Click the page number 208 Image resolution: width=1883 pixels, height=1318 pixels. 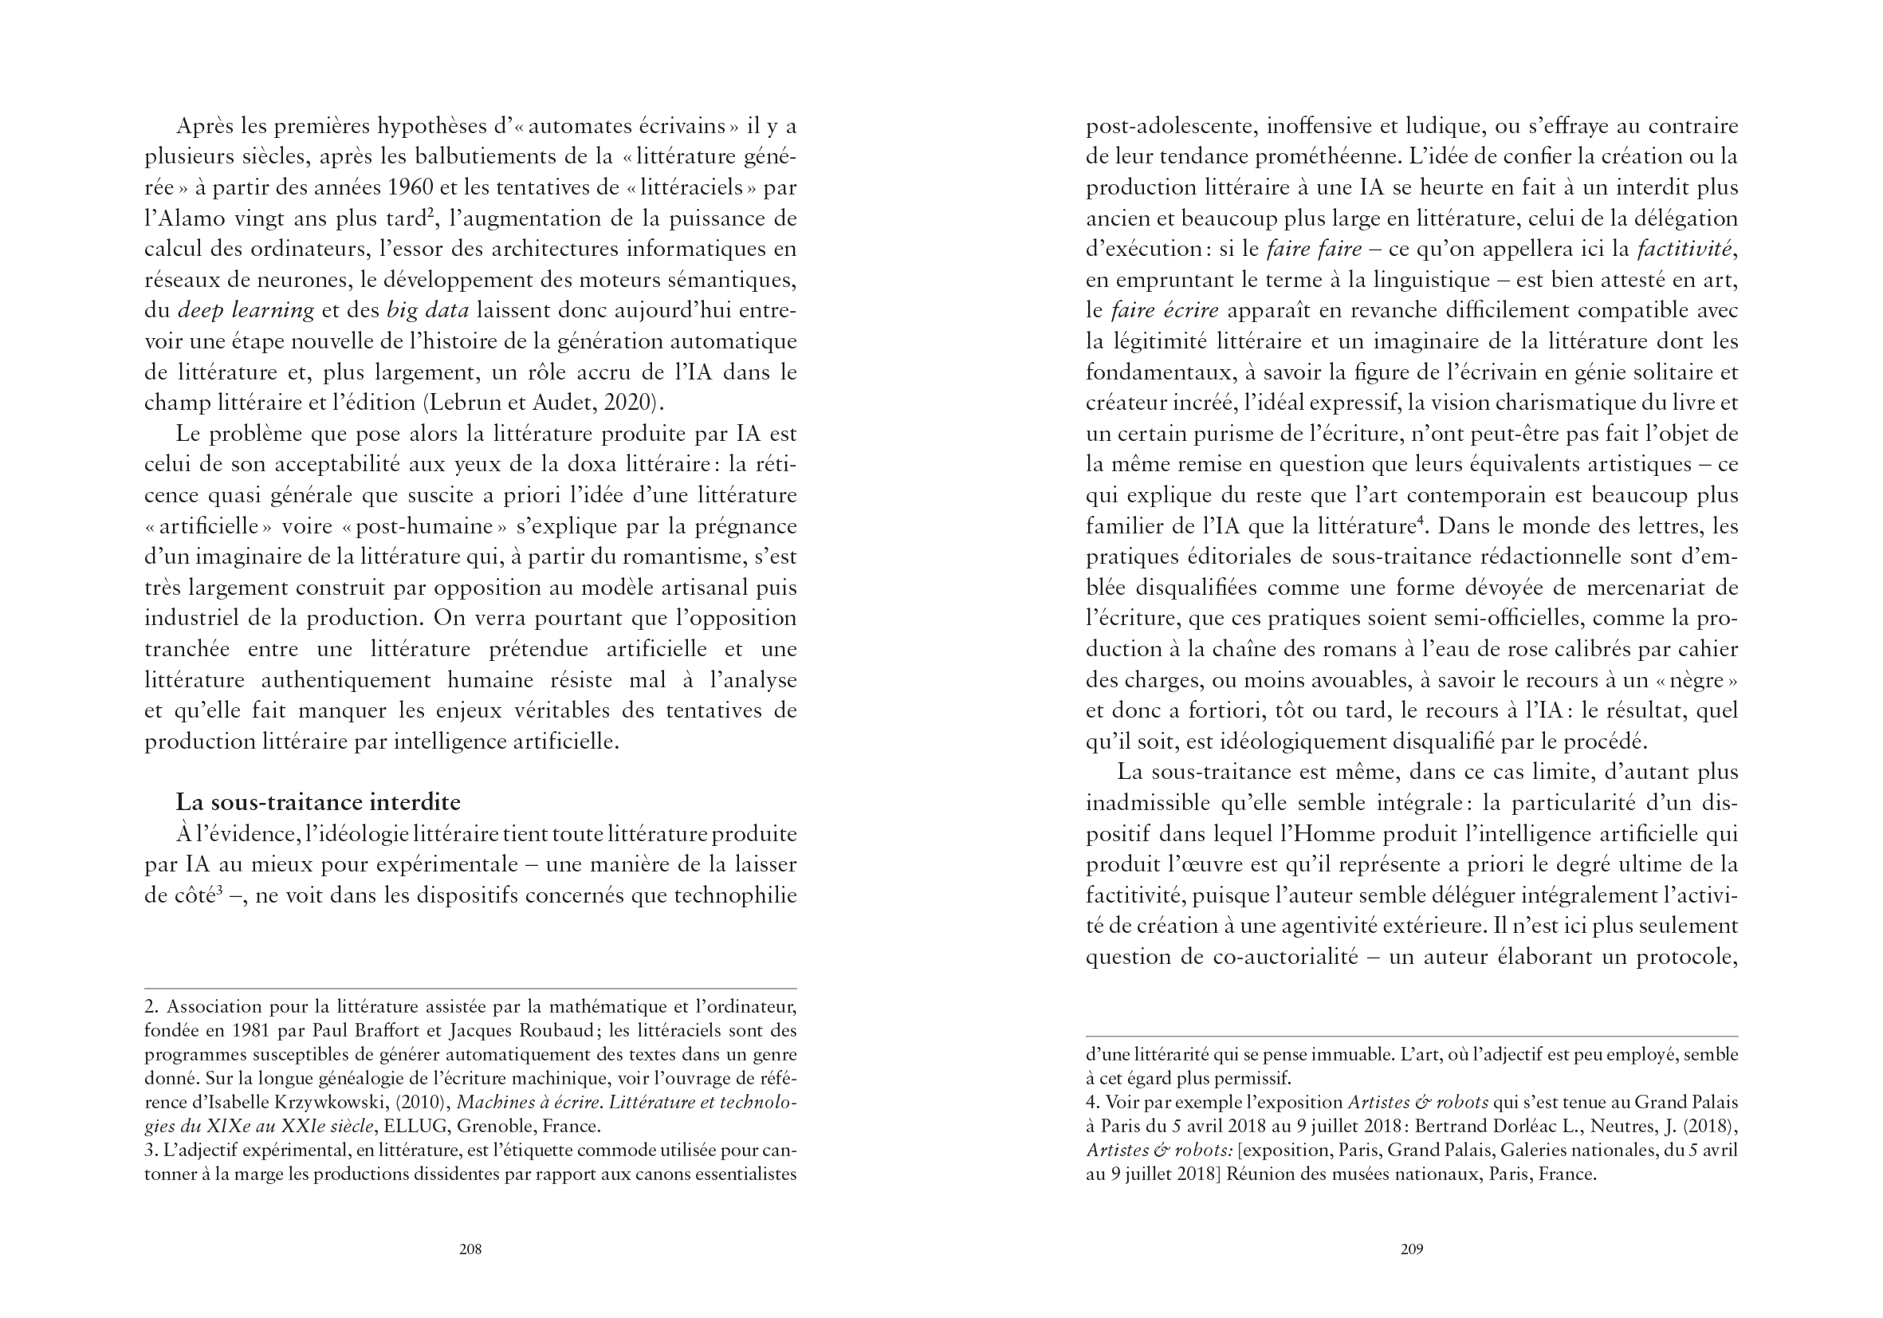tap(470, 1249)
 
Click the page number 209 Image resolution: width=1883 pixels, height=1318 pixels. tap(1411, 1249)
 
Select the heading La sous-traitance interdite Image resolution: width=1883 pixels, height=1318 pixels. tap(318, 802)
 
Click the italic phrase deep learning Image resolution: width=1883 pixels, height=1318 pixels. tap(246, 311)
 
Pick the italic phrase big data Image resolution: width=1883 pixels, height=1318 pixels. tap(427, 311)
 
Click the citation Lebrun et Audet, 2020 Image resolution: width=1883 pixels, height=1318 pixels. tap(542, 403)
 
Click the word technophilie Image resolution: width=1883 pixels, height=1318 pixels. tap(735, 895)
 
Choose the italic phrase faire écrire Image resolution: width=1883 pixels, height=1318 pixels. tap(1165, 311)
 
